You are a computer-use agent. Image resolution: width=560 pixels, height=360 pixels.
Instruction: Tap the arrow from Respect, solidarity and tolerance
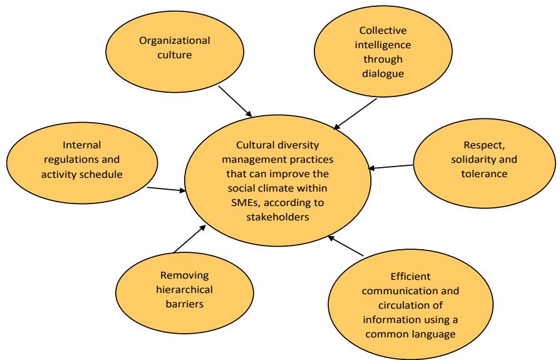(x=391, y=167)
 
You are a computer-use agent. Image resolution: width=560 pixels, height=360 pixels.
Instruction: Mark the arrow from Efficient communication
(x=346, y=246)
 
